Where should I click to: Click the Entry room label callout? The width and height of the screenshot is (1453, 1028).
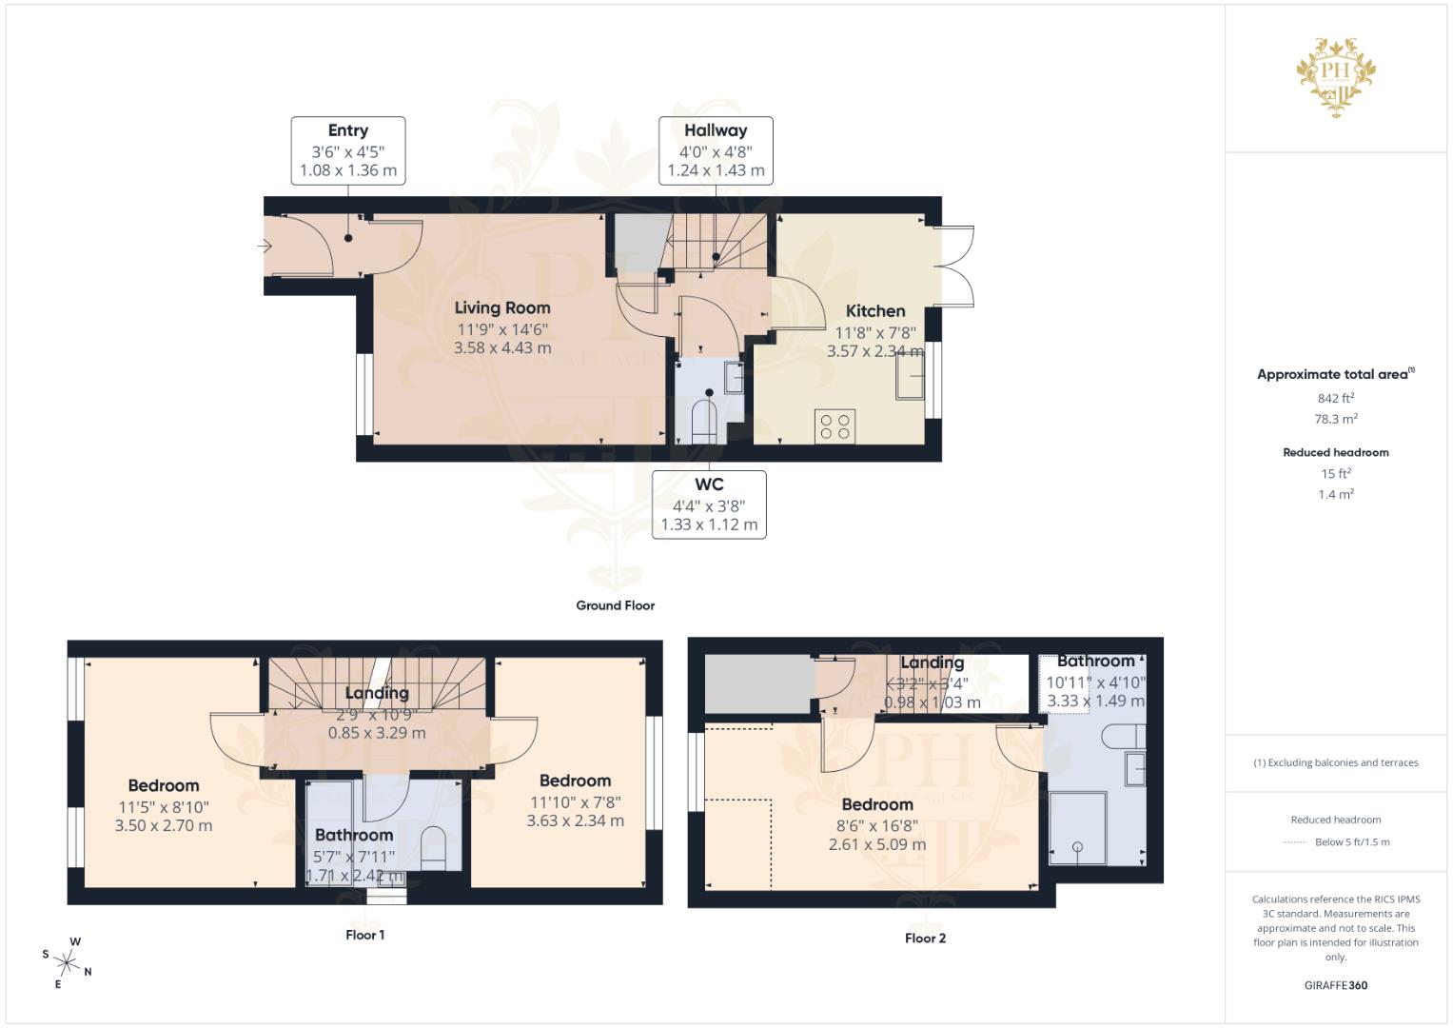tap(348, 150)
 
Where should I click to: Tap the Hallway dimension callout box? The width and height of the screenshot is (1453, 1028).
tap(716, 150)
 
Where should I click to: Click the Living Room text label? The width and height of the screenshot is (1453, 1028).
tap(502, 307)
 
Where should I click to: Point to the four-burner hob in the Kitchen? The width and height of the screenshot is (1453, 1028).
tap(834, 425)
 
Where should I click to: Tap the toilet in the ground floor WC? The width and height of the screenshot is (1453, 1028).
tap(703, 421)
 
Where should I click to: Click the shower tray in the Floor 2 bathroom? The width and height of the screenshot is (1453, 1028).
tap(1077, 828)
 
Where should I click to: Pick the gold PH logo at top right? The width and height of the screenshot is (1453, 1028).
tap(1336, 76)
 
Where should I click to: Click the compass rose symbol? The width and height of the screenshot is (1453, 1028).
tap(68, 962)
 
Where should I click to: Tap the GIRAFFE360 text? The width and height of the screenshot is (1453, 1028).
tap(1335, 985)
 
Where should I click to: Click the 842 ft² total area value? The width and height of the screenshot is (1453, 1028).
tap(1335, 398)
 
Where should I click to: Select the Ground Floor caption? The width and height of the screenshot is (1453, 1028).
tap(615, 605)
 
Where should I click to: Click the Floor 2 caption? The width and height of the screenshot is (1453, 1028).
tap(925, 939)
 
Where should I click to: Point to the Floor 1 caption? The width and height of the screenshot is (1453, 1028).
tap(364, 935)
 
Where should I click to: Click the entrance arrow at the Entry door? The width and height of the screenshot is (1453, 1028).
tap(265, 247)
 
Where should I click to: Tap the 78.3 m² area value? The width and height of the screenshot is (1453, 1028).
tap(1335, 419)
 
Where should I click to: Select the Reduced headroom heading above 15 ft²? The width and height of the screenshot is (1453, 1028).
tap(1335, 452)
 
